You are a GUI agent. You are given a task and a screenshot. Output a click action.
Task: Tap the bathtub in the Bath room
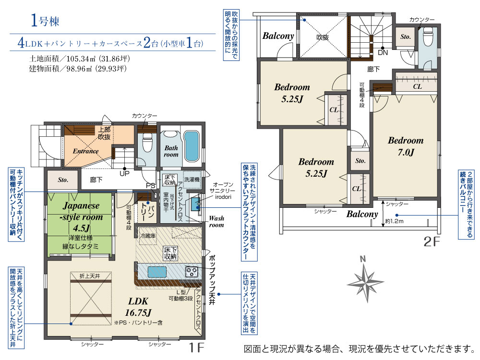[191, 147]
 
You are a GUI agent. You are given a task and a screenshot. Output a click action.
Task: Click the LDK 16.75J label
[138, 307]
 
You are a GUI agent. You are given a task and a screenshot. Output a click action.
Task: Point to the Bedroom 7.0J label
[406, 146]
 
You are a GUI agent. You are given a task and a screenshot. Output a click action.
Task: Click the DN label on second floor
[383, 53]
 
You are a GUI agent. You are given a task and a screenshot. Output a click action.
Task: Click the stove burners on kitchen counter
[192, 271]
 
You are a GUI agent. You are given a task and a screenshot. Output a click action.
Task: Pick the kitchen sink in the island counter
[158, 272]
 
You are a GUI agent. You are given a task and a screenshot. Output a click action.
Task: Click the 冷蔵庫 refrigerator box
[146, 236]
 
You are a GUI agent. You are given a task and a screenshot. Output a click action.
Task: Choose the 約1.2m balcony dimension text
[394, 222]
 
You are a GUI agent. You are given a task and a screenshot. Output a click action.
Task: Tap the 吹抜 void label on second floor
[322, 37]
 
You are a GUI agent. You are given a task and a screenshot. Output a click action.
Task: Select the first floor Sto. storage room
[63, 180]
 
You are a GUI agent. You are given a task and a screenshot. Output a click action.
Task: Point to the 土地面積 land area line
[80, 59]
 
